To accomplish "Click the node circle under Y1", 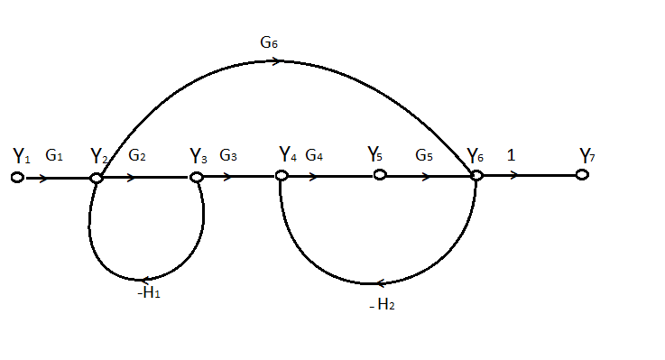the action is click(x=16, y=178).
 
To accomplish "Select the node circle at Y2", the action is click(x=97, y=178).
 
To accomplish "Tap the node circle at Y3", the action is click(x=195, y=177).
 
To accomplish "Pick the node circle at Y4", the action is click(x=282, y=175).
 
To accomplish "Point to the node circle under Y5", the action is click(x=380, y=175).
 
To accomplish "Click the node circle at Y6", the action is click(x=477, y=175).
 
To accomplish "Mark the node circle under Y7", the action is click(x=582, y=175).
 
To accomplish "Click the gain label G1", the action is click(x=54, y=156).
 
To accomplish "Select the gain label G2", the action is click(x=137, y=155).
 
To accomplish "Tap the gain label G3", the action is click(x=228, y=155).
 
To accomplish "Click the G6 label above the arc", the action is click(x=270, y=42).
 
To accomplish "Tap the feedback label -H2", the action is click(x=382, y=305).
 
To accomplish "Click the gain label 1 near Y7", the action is click(x=511, y=155).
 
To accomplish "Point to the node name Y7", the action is click(x=587, y=156).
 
